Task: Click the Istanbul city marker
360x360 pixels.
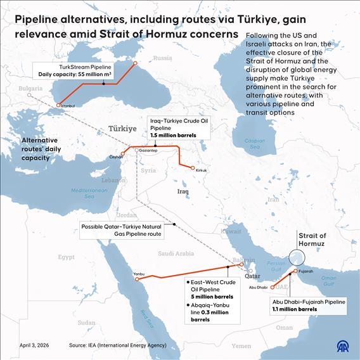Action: point(58,105)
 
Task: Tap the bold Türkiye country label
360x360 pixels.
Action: point(123,128)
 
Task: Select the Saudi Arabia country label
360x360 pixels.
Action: point(176,253)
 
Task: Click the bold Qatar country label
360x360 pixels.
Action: point(252,276)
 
